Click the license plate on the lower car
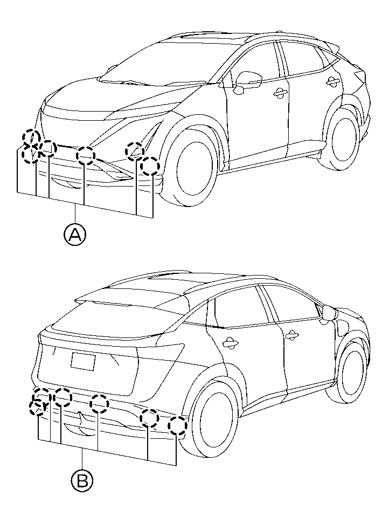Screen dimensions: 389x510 click(83, 362)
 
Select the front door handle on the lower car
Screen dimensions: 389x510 click(291, 335)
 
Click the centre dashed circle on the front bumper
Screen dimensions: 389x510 click(86, 155)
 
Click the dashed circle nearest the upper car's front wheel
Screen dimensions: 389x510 click(150, 166)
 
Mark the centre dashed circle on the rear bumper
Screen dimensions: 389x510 click(99, 404)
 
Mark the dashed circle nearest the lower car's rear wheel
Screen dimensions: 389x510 click(178, 425)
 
